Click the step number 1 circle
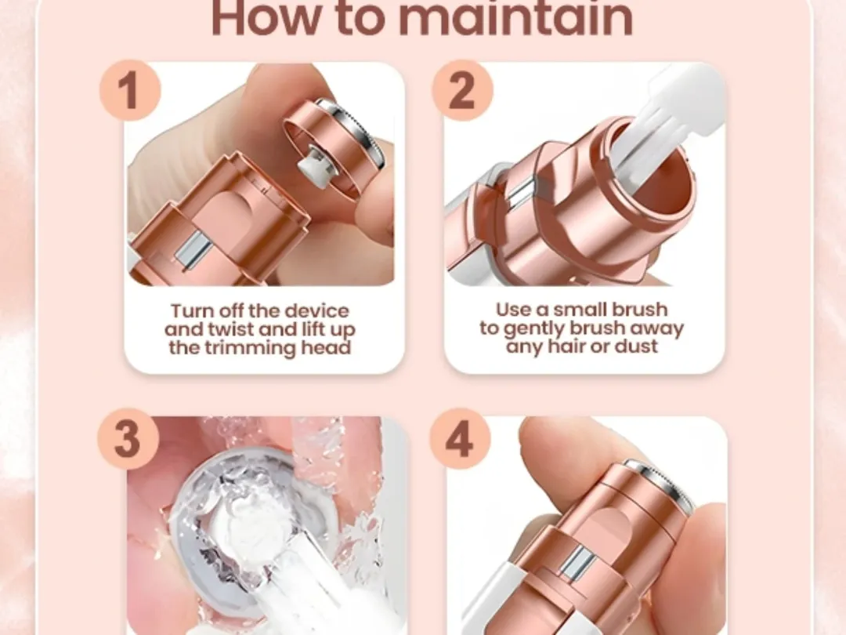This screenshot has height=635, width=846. pyautogui.click(x=130, y=90)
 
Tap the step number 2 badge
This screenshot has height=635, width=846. pyautogui.click(x=462, y=90)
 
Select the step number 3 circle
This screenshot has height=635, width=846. pyautogui.click(x=128, y=438)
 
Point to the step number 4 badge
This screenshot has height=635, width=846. pyautogui.click(x=461, y=438)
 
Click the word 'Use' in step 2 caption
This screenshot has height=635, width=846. pyautogui.click(x=512, y=310)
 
